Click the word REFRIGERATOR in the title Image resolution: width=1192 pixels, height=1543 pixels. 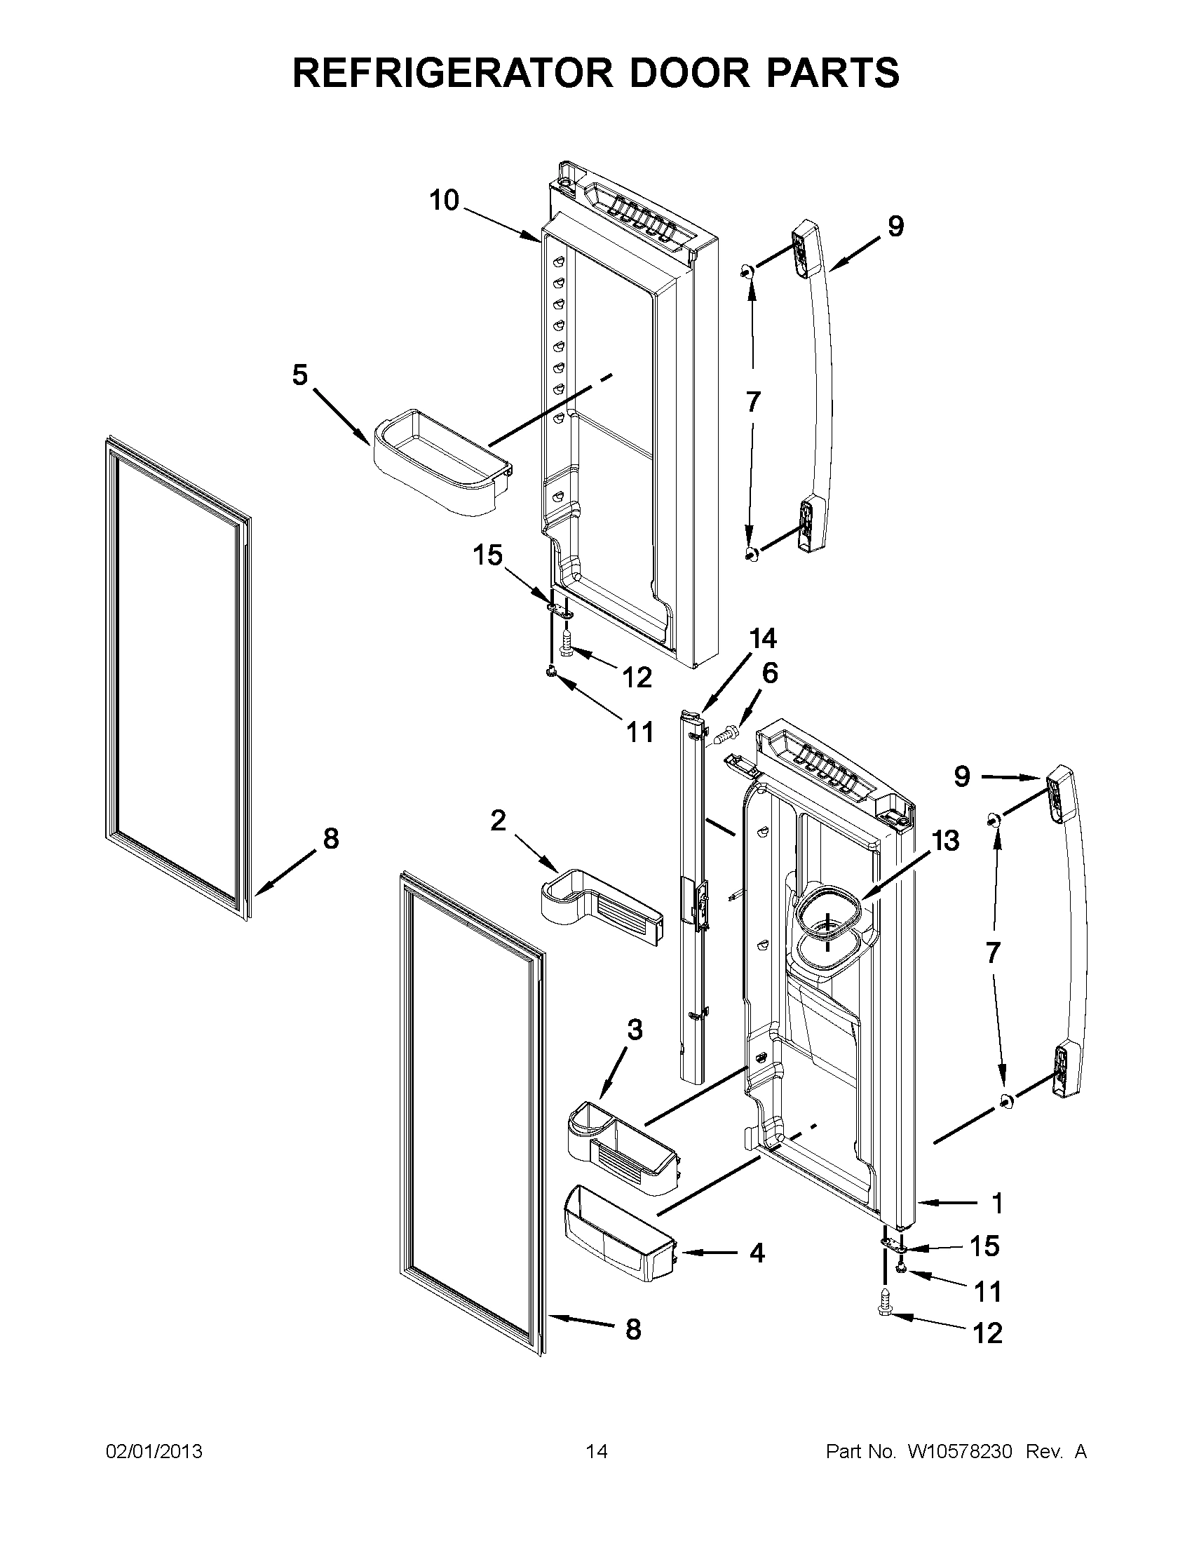pyautogui.click(x=452, y=72)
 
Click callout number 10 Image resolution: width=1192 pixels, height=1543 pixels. pyautogui.click(x=444, y=201)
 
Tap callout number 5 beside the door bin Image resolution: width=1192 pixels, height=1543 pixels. pyautogui.click(x=300, y=375)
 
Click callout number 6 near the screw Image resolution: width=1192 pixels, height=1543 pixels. pyautogui.click(x=770, y=673)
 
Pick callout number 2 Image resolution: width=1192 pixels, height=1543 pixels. pyautogui.click(x=498, y=821)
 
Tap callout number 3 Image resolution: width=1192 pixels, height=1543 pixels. pyautogui.click(x=635, y=1030)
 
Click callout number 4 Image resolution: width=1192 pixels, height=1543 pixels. pyautogui.click(x=757, y=1254)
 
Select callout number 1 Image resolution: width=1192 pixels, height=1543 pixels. pyautogui.click(x=997, y=1203)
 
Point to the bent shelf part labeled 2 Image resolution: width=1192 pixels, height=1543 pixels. pyautogui.click(x=600, y=911)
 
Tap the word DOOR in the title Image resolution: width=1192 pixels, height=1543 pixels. pyautogui.click(x=673, y=72)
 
